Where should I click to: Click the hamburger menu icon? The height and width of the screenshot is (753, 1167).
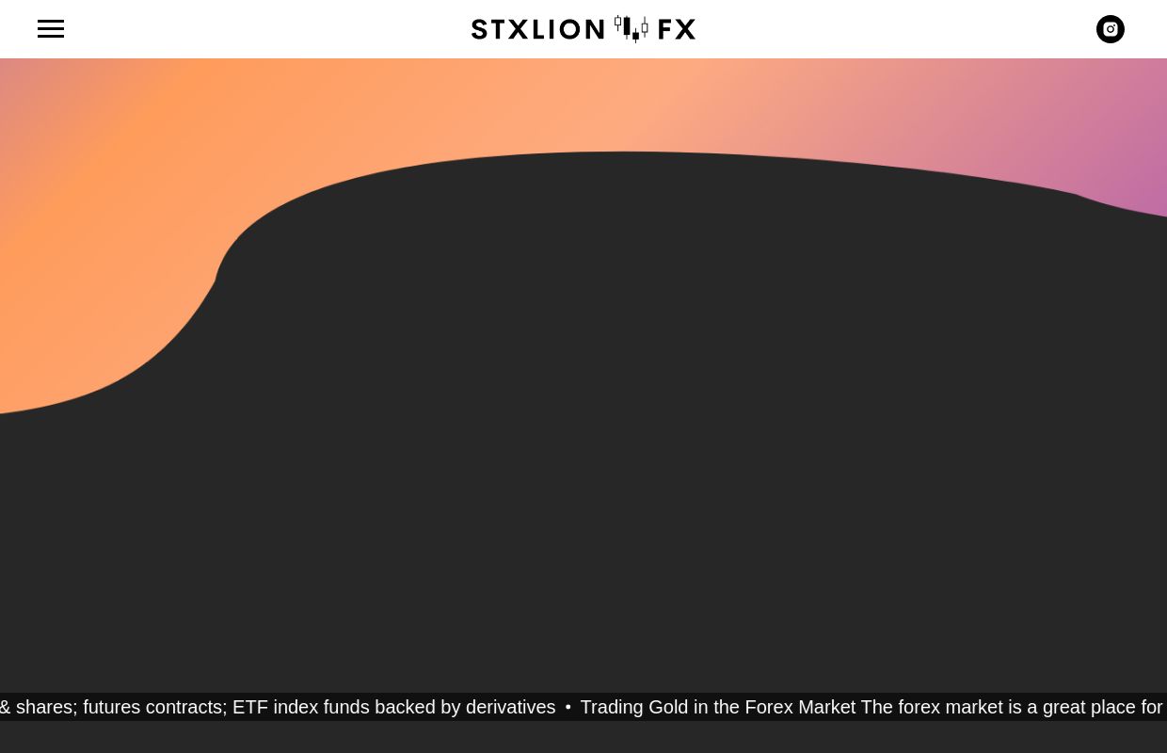pos(51,28)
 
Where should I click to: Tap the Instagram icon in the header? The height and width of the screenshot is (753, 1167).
pos(1111,29)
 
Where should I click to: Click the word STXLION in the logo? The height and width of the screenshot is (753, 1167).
pos(537,29)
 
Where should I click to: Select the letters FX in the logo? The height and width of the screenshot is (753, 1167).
pos(677,29)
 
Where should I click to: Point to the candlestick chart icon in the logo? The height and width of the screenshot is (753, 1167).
pos(631,28)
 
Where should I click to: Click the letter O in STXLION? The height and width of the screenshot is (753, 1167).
pos(567,29)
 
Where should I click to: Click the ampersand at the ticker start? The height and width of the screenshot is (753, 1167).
pos(5,707)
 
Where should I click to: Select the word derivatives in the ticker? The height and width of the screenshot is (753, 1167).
pos(510,707)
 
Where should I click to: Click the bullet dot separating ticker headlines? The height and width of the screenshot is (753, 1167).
pos(568,708)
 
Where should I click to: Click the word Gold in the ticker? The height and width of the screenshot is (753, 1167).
pos(668,707)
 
